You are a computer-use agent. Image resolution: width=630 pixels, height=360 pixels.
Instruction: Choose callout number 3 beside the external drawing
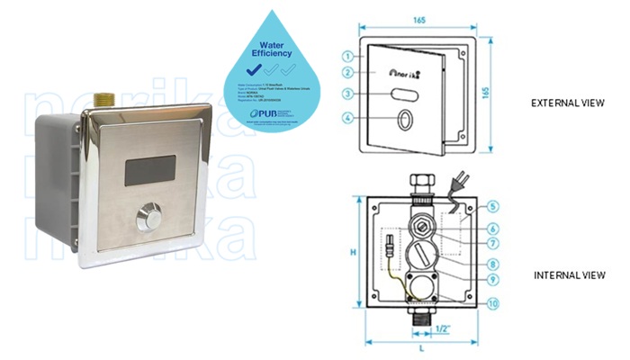(347, 94)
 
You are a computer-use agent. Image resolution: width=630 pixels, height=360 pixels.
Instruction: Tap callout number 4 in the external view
(347, 117)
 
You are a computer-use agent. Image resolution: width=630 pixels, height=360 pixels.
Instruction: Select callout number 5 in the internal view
(492, 206)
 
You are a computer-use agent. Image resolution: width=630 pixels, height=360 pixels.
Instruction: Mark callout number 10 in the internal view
(492, 303)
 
